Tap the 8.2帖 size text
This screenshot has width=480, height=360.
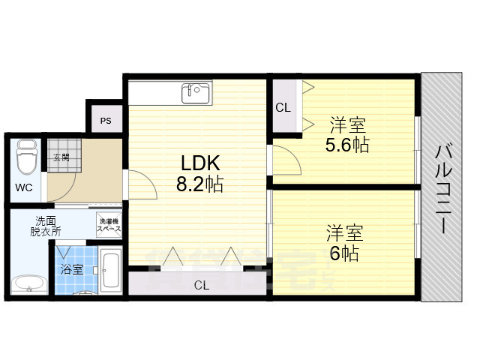click(x=199, y=184)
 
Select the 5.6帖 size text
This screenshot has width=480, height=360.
click(x=346, y=144)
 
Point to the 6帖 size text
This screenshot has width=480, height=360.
click(x=345, y=253)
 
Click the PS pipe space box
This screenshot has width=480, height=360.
click(x=106, y=119)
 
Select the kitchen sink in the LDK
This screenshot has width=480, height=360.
click(x=196, y=93)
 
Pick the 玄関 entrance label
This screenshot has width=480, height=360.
click(x=61, y=157)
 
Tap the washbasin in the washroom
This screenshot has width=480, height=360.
click(x=28, y=283)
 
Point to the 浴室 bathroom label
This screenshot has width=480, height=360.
click(x=72, y=268)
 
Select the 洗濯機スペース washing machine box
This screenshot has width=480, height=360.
click(x=109, y=222)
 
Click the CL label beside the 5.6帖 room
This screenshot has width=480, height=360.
click(x=283, y=107)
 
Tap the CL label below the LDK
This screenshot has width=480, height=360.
click(x=202, y=285)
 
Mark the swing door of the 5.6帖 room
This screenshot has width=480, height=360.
click(x=286, y=160)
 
